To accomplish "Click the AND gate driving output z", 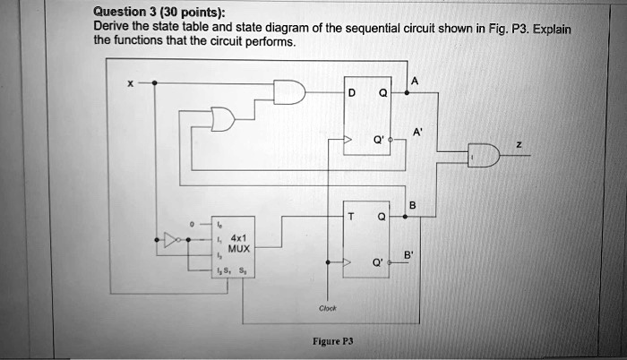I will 484,156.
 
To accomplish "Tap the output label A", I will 413,81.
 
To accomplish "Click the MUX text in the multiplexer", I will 238,249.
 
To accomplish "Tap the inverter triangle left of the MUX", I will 170,241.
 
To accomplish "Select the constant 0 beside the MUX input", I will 191,223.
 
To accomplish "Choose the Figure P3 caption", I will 332,341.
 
